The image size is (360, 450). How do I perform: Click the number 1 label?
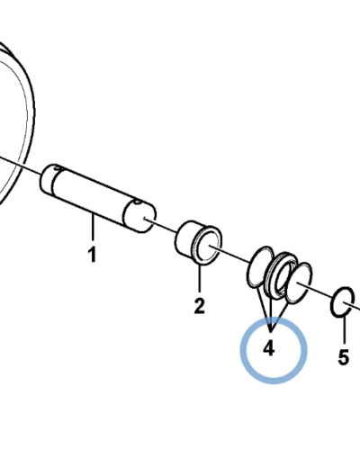(x=93, y=255)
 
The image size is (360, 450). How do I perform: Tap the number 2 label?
(x=199, y=305)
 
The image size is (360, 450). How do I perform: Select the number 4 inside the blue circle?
(x=269, y=349)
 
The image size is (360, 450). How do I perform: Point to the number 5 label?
(x=344, y=357)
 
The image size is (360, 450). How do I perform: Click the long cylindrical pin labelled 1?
(x=98, y=198)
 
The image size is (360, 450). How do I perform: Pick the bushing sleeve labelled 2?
(x=198, y=243)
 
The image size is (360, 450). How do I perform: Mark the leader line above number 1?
(x=93, y=227)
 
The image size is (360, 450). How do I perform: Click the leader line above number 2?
(x=199, y=277)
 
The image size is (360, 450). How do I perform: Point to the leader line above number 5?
(x=344, y=329)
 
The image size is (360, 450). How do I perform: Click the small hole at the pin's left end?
(x=58, y=168)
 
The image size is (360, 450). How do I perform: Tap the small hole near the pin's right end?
(x=138, y=202)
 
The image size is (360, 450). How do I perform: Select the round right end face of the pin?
(x=139, y=216)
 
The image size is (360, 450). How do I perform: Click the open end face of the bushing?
(x=207, y=246)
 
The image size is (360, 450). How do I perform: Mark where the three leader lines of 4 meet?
(x=271, y=331)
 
